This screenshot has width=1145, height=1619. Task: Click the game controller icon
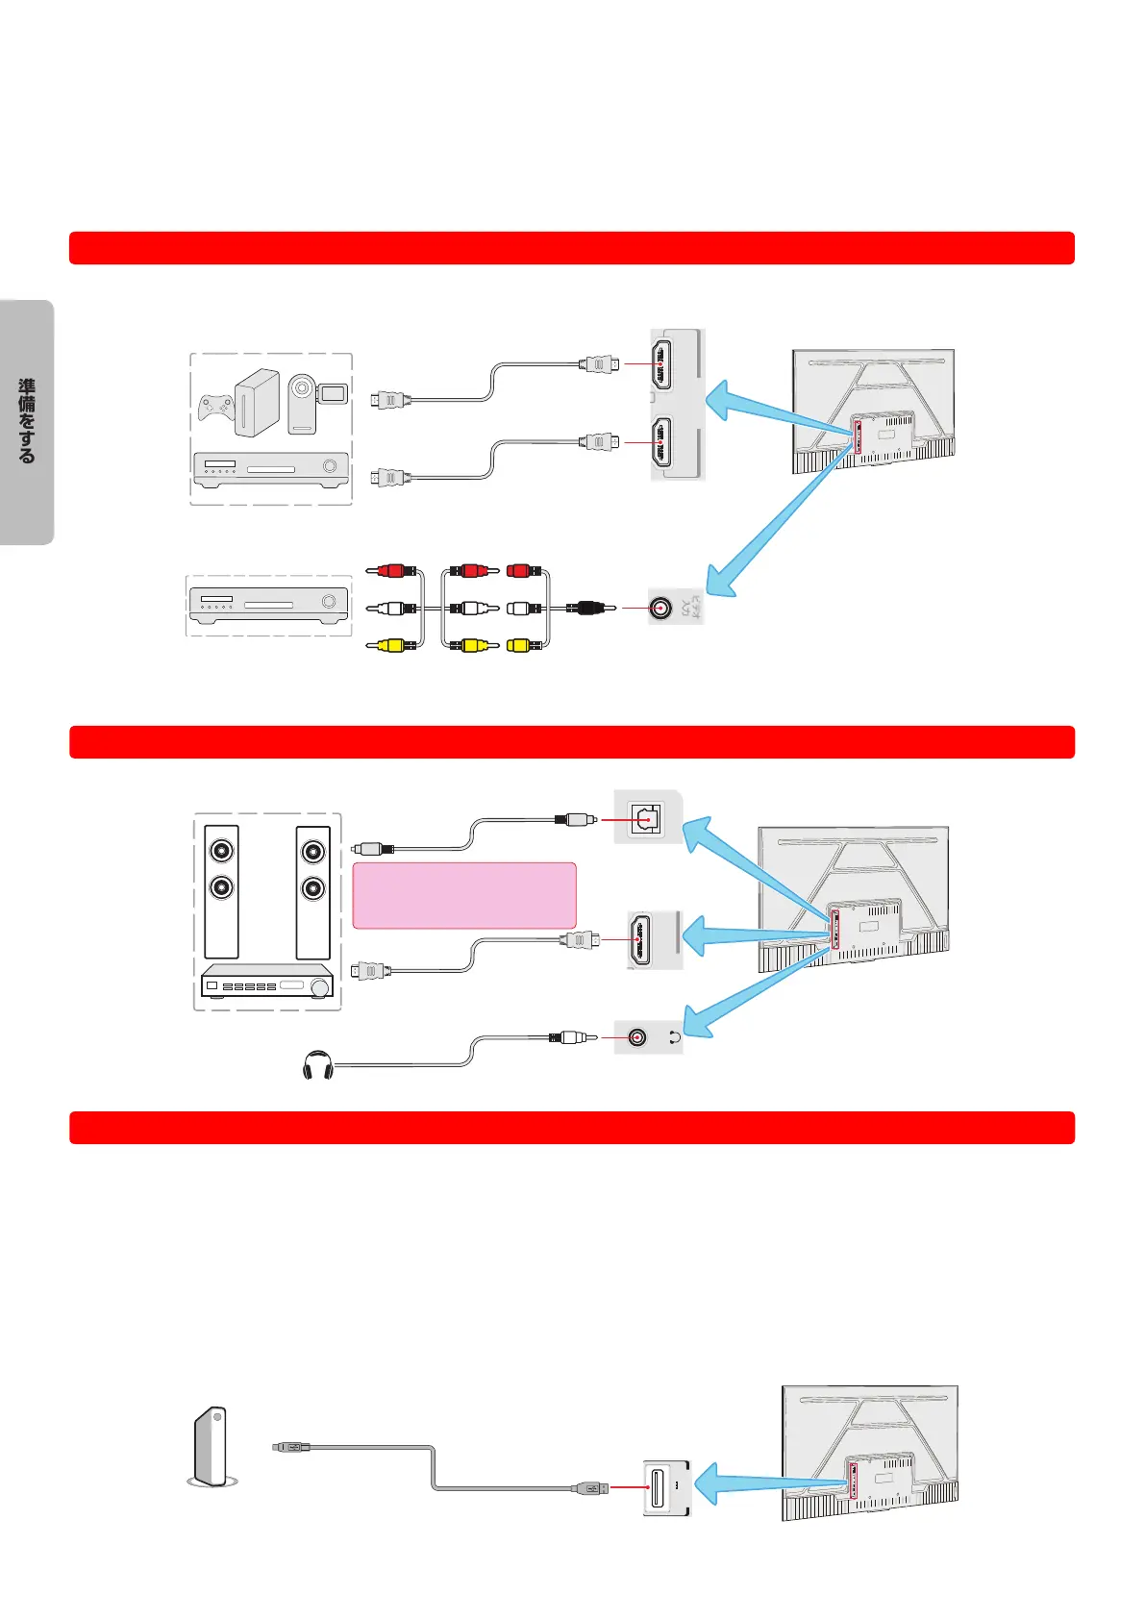(x=216, y=408)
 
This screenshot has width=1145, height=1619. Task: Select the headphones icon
(x=317, y=1066)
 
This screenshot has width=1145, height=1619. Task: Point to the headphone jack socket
(x=636, y=1038)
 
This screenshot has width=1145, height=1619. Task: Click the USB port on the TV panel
(x=659, y=1488)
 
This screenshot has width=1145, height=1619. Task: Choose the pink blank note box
(x=464, y=895)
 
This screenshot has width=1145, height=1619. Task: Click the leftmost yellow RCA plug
(x=391, y=645)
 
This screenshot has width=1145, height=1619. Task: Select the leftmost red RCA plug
(x=391, y=571)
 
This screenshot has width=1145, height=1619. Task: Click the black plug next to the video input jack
(x=587, y=608)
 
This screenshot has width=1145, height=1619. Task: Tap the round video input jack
(x=660, y=608)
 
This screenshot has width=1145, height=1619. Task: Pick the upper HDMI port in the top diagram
(x=661, y=363)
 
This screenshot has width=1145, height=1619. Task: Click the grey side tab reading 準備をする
(x=27, y=422)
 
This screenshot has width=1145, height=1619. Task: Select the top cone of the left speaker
(x=222, y=851)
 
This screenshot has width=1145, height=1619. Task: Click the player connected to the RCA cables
(x=268, y=604)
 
